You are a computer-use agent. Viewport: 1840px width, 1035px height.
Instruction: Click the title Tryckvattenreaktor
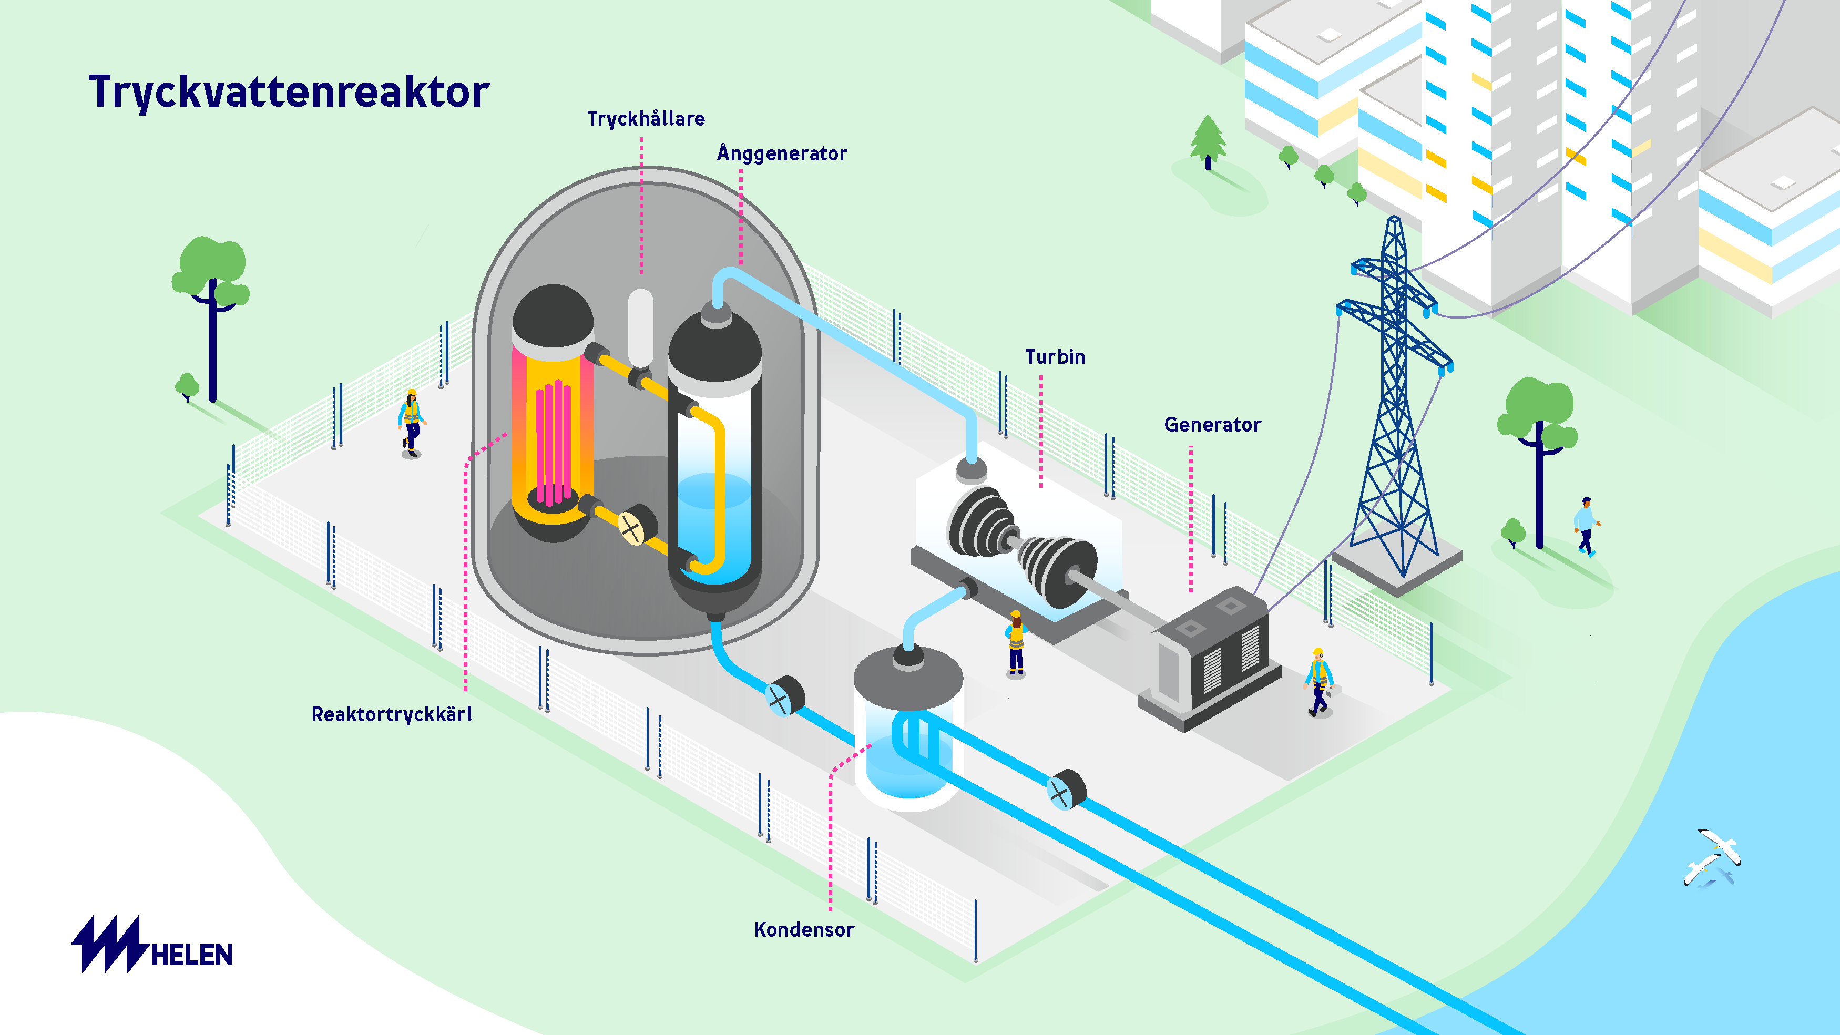point(289,92)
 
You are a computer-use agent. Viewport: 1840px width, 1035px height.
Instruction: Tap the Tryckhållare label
point(646,119)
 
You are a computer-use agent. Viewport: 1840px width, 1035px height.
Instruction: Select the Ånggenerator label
point(782,153)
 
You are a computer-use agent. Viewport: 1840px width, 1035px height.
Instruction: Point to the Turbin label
point(1055,357)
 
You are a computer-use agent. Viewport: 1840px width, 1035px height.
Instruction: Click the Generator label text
point(1212,425)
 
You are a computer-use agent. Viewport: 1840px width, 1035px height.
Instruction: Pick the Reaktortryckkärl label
point(392,714)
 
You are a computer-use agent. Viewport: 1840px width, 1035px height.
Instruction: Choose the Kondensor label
point(804,930)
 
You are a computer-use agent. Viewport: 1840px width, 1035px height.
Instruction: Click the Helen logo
point(152,945)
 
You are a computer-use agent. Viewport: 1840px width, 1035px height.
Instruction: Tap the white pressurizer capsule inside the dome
point(640,326)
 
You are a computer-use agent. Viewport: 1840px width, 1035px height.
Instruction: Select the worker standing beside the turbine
point(1016,643)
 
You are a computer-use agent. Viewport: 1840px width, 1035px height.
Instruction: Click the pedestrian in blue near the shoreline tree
point(1586,526)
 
